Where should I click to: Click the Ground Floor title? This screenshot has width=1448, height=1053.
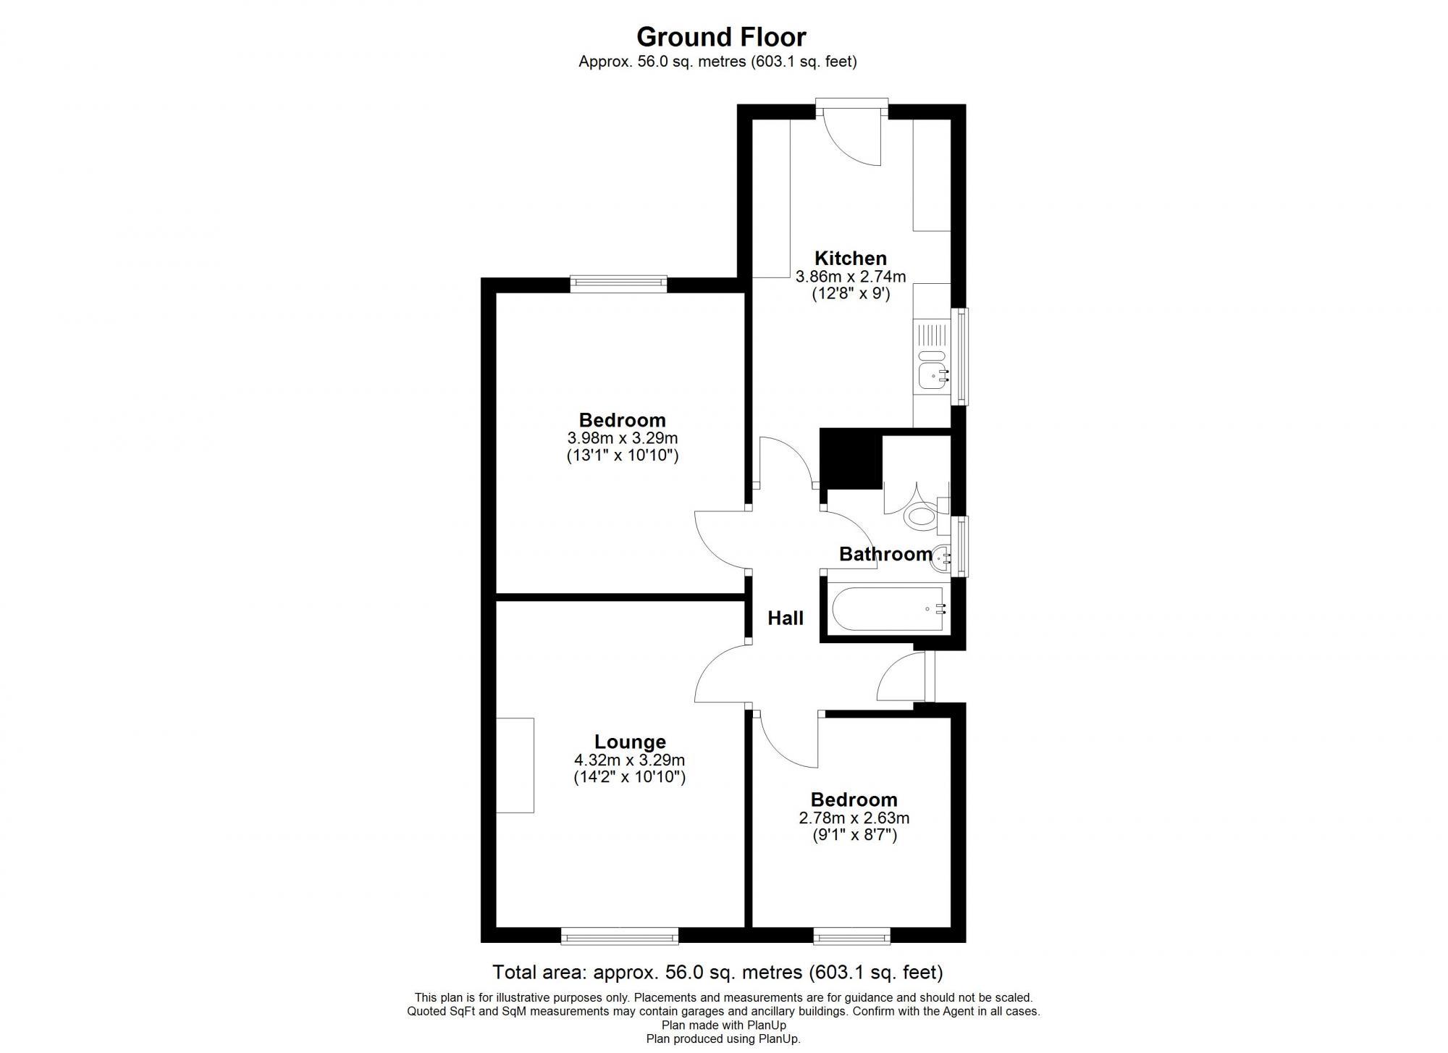coord(720,36)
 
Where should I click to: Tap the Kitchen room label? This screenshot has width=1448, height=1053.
coord(850,258)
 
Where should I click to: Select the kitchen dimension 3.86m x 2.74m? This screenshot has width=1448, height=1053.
coord(850,277)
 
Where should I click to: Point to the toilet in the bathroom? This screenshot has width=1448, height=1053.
coord(922,516)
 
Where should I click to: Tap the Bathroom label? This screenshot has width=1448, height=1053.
coord(885,554)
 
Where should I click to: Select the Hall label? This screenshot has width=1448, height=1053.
coord(785,618)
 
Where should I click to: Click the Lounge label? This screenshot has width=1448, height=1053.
coord(630,742)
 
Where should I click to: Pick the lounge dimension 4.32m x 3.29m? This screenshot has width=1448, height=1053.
coord(629,760)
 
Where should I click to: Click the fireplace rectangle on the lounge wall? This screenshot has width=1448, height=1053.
coord(515,765)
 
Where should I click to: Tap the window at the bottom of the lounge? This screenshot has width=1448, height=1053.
coord(620,937)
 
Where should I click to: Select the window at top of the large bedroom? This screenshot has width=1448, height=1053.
coord(618,283)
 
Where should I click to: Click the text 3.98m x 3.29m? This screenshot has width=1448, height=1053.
coord(622,438)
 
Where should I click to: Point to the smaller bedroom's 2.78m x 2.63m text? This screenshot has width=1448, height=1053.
coord(854,818)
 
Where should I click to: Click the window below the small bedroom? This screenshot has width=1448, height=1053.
coord(851,937)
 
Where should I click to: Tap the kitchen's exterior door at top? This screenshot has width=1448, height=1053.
coord(851,109)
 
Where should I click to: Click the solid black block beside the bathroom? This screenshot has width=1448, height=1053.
coord(851,458)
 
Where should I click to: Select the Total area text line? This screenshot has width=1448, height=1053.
coord(717,972)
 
